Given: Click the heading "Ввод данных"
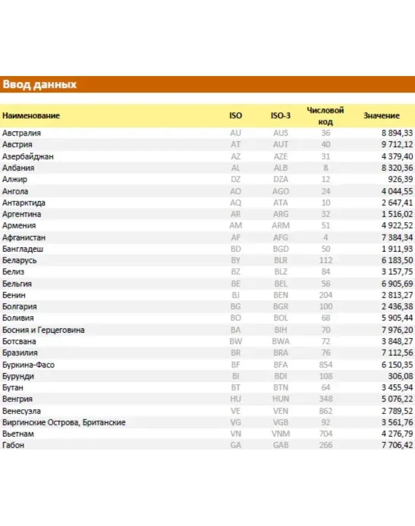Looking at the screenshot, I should (40, 85).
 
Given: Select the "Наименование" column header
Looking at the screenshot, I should (31, 116).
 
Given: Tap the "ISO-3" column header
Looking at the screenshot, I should (280, 116).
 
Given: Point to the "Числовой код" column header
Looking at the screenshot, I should (326, 116).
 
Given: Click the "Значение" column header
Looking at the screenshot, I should (381, 116).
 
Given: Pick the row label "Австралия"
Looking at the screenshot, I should (21, 133).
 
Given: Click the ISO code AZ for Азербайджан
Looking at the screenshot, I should (235, 156).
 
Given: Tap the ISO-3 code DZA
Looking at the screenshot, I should (280, 179).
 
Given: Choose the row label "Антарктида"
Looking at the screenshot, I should (24, 203).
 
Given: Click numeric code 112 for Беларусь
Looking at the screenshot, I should (326, 260).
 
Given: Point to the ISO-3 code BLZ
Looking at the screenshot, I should (280, 272).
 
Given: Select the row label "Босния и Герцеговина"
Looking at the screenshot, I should (43, 330).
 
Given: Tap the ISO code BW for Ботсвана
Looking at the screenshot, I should (235, 341).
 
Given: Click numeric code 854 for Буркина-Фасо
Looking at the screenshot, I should (326, 365).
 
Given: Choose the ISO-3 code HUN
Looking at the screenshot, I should (280, 399).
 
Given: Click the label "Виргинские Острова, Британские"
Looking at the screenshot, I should (64, 423).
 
